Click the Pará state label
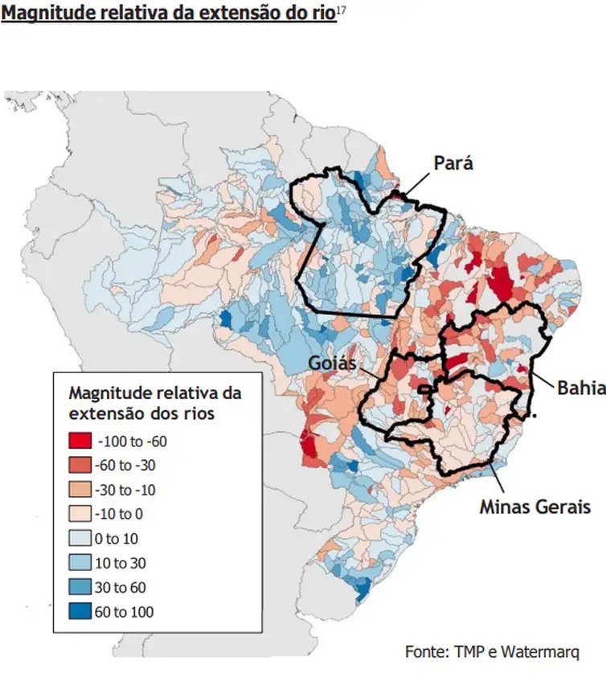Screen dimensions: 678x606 coord(453,163)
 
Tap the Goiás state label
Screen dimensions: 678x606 coord(332,364)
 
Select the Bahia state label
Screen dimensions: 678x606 coord(581,388)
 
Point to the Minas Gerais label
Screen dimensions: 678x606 coord(535,507)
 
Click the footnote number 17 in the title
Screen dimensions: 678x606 coord(341,10)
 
